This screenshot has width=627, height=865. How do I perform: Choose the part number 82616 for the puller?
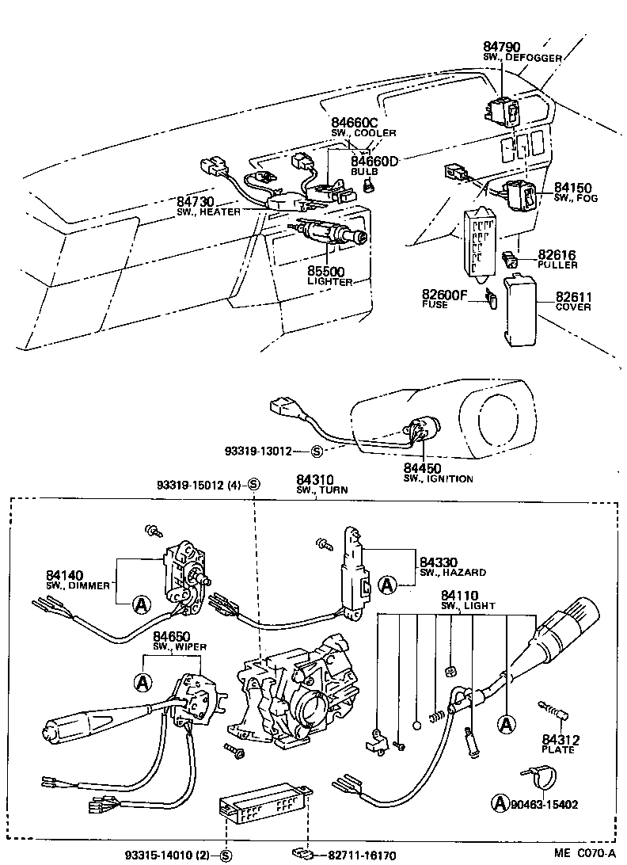click(557, 254)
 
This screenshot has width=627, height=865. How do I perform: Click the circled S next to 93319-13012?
click(317, 452)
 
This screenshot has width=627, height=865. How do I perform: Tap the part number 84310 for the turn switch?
click(315, 480)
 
